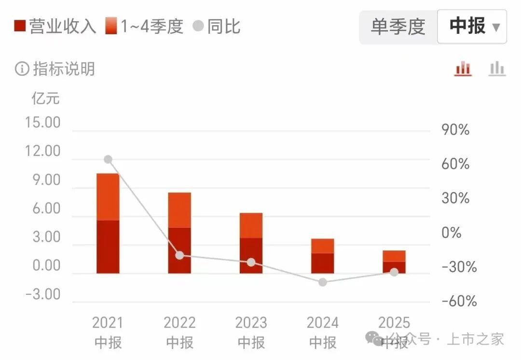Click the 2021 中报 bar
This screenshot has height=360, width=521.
108,223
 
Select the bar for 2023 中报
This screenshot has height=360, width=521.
251,243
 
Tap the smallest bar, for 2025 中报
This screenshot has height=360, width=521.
394,262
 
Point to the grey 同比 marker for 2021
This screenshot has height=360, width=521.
108,160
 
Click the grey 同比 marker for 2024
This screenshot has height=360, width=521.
323,282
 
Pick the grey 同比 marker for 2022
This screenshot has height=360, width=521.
179,255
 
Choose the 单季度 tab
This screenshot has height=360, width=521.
398,27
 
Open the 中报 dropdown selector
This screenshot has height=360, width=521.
472,27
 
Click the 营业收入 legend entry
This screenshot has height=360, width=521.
55,26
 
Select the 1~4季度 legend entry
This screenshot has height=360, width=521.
145,26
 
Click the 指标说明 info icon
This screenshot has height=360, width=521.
22,69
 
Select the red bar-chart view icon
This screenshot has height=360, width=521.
463,69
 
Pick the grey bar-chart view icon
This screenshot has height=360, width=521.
497,69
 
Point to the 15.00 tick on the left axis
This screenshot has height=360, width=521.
43,123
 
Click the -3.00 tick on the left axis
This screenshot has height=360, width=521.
43,294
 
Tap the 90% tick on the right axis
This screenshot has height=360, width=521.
455,130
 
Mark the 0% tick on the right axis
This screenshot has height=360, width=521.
452,233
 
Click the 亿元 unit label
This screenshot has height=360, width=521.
45,98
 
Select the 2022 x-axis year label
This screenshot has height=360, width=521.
179,322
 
